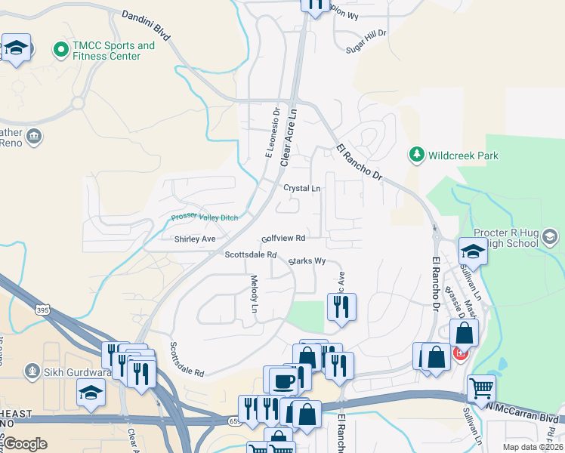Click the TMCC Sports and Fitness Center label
(113, 51)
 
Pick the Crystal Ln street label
(301, 188)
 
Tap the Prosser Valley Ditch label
(204, 218)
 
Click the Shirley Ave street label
(195, 239)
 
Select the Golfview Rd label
(283, 238)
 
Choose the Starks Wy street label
(306, 260)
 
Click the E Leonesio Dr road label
(271, 133)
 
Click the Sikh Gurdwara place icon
(32, 370)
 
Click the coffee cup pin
(284, 381)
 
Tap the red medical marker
(458, 353)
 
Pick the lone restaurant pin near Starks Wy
(341, 306)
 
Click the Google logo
(26, 443)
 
